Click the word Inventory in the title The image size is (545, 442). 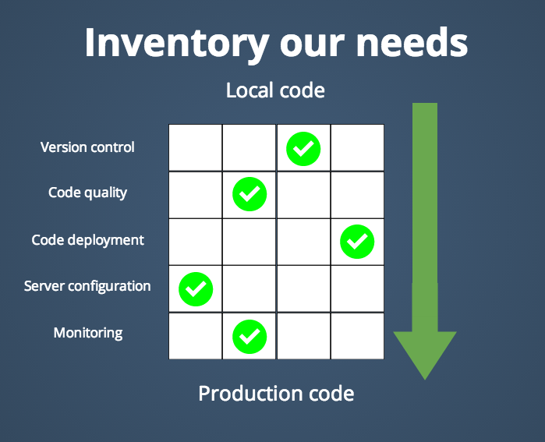177,44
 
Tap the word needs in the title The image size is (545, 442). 412,42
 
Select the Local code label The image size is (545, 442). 275,90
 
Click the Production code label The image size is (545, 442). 276,394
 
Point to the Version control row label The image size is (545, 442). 87,147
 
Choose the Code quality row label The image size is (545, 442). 87,193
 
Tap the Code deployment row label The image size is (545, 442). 87,240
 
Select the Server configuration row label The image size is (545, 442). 87,287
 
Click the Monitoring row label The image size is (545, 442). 88,333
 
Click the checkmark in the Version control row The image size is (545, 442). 303,149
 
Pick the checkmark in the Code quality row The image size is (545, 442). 249,194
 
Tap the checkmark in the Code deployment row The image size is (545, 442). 357,242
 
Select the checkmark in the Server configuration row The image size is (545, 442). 196,289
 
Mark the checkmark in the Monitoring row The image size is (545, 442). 249,337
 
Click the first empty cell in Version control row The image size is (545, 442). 196,147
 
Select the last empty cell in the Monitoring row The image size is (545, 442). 357,336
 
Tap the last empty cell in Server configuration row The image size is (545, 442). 357,289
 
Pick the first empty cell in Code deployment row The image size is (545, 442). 196,242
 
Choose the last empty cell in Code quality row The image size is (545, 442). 357,195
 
